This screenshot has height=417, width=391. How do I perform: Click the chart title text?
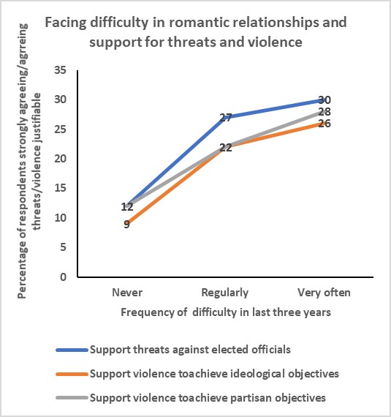point(195,31)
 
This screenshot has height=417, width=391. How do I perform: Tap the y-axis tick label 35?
point(60,69)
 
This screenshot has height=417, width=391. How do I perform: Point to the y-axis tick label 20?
point(60,159)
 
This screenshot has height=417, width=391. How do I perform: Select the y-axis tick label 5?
point(63,247)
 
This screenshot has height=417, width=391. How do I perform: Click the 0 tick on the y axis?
point(63,277)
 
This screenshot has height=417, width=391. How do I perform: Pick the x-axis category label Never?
point(127,293)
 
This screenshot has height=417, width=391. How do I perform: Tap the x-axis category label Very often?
point(324,293)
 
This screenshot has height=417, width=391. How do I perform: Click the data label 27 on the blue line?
point(226,117)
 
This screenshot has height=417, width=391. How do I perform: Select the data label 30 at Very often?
point(325,100)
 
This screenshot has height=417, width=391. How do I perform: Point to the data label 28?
point(325,111)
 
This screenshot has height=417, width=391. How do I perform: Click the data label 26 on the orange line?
point(325,123)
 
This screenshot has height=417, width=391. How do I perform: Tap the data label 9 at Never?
point(127,224)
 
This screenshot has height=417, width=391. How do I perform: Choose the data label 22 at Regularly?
point(226,147)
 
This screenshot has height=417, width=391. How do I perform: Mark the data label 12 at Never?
point(127,206)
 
